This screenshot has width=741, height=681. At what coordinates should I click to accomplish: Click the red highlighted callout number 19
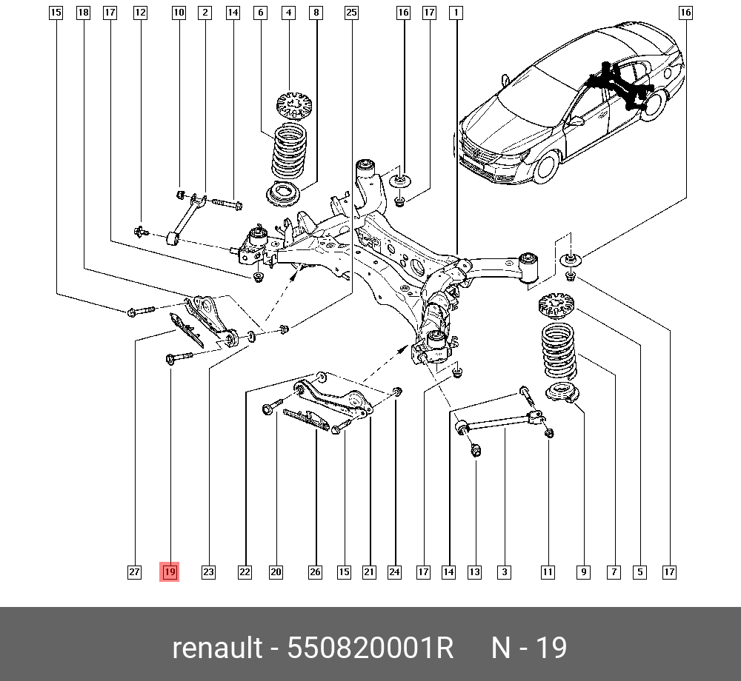click(170, 571)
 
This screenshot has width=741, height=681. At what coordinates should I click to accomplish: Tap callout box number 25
click(351, 13)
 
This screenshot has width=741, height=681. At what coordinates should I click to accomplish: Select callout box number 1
click(456, 13)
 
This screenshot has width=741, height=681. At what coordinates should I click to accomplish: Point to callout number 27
click(134, 571)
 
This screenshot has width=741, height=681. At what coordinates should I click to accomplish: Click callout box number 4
click(288, 13)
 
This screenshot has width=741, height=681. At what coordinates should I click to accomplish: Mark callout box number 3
click(504, 571)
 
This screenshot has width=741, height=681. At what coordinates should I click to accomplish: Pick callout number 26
click(316, 571)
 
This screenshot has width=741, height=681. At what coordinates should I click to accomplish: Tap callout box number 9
click(584, 571)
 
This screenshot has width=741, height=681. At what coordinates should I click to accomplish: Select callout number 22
click(245, 571)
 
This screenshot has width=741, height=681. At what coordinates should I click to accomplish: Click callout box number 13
click(474, 571)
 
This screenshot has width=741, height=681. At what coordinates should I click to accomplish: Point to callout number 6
click(259, 13)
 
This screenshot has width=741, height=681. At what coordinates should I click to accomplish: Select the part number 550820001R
click(370, 648)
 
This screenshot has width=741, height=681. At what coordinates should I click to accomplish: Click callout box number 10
click(179, 13)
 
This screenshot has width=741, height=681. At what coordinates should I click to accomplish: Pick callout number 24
click(394, 571)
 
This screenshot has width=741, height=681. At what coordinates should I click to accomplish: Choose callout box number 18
click(83, 13)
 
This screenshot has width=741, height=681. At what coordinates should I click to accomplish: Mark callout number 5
click(639, 571)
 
